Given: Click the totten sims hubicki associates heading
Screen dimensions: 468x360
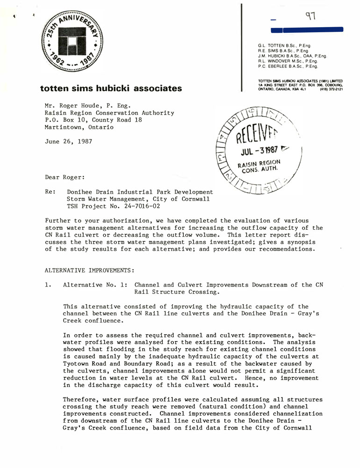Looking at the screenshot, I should [111, 88].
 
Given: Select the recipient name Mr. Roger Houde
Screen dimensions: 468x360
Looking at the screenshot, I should [74, 106].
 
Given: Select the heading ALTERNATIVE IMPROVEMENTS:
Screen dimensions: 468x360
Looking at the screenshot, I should [89, 271].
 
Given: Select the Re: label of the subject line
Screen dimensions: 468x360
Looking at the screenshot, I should [50, 192].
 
